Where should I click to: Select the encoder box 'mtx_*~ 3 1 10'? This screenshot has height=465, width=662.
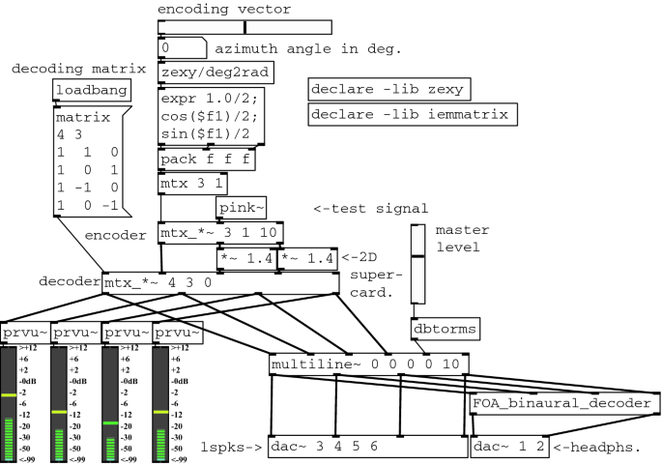[219, 234]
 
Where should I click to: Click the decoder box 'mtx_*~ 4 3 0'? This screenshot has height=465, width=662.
[155, 283]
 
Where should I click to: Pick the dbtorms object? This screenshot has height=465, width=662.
[445, 330]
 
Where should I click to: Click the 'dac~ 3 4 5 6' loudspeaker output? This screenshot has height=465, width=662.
[366, 448]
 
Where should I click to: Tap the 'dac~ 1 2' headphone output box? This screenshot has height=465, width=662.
[509, 448]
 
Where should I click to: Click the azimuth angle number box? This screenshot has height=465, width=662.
[182, 47]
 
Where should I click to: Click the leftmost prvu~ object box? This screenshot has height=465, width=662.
[23, 334]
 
